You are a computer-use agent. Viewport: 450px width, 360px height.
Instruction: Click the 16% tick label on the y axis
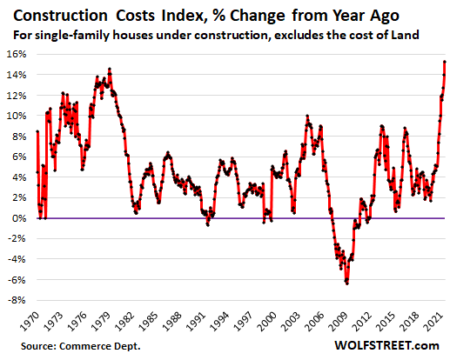[17, 53]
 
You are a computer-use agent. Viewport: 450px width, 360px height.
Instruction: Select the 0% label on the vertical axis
[19, 218]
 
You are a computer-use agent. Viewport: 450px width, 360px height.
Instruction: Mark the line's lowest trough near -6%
[347, 283]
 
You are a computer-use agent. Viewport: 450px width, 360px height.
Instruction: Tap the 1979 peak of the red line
[109, 70]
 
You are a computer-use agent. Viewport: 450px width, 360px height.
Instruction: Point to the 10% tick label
[17, 115]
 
